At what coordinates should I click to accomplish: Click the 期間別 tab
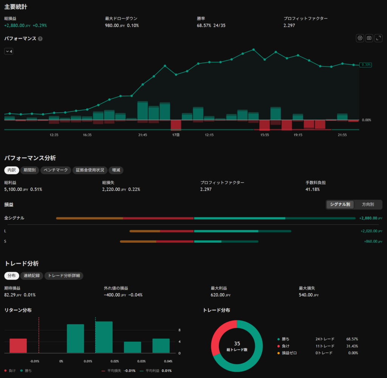tap(29, 170)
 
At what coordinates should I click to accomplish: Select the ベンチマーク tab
tap(56, 170)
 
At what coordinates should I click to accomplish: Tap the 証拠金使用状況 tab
tap(90, 170)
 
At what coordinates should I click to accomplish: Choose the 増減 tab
tap(116, 170)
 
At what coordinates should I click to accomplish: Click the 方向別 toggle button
tap(368, 204)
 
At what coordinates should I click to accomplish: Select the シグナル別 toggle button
tap(340, 204)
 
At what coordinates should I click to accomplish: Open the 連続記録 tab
tap(32, 276)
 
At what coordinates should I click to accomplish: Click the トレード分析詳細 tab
tap(64, 276)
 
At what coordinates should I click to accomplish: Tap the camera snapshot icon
tap(369, 38)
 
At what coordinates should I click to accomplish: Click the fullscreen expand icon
tap(378, 38)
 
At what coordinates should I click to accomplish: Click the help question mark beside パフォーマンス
tap(40, 39)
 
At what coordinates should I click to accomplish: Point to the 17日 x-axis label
tap(176, 135)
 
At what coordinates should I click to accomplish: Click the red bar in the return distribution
tap(18, 345)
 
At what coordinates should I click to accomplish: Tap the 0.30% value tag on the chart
tap(365, 65)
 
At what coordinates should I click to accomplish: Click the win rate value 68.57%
tap(204, 25)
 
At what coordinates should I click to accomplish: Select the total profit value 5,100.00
tap(13, 189)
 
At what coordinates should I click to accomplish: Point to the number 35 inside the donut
tap(237, 344)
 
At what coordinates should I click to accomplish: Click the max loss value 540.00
tap(305, 295)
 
